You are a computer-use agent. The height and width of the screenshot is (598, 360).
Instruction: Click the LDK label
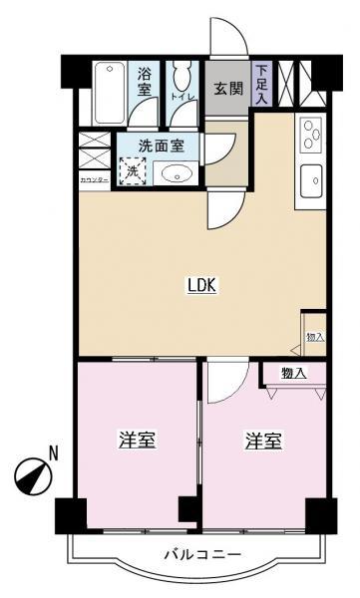[x=202, y=284]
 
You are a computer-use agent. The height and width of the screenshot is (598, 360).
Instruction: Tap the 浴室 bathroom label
[x=145, y=81]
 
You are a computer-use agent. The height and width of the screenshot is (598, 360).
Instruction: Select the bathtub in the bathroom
[x=110, y=92]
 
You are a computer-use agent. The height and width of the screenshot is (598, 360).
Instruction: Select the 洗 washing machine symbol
[x=133, y=170]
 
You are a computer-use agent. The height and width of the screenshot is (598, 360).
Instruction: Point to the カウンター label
[x=94, y=179]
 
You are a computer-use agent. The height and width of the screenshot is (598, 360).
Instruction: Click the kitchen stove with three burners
[x=310, y=132]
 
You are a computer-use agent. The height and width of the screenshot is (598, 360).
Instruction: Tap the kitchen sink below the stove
[x=310, y=180]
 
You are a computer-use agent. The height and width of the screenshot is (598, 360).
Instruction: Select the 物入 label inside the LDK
[x=314, y=338]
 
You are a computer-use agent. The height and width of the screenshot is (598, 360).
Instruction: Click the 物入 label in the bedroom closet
[x=293, y=374]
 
